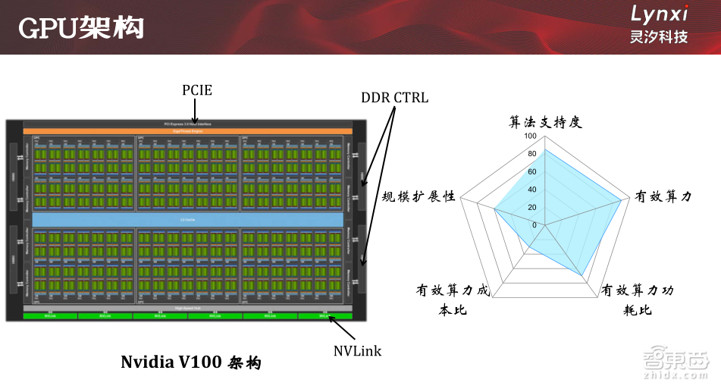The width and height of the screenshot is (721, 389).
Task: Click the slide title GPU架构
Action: [80, 29]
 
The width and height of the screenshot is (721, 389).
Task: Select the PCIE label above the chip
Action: [197, 90]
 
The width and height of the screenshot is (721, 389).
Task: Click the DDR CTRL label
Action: [394, 98]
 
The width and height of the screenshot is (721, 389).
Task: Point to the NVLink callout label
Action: [357, 350]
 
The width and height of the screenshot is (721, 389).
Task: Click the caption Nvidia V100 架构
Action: [191, 362]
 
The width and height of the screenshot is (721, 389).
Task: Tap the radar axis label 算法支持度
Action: [545, 121]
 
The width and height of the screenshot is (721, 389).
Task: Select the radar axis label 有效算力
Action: [663, 197]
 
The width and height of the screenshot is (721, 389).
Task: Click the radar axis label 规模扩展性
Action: [419, 196]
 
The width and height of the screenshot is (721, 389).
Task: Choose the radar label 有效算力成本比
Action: [453, 300]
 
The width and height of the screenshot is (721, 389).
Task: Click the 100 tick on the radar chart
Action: [531, 136]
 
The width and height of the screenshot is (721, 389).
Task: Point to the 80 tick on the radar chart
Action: [532, 154]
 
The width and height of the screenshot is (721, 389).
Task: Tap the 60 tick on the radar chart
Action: [532, 172]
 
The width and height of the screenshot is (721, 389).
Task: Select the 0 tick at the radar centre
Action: [534, 225]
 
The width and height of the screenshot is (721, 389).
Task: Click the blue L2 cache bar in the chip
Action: [189, 218]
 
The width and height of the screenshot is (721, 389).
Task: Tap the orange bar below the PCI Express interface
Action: [189, 131]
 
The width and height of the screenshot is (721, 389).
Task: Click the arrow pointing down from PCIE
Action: [196, 110]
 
